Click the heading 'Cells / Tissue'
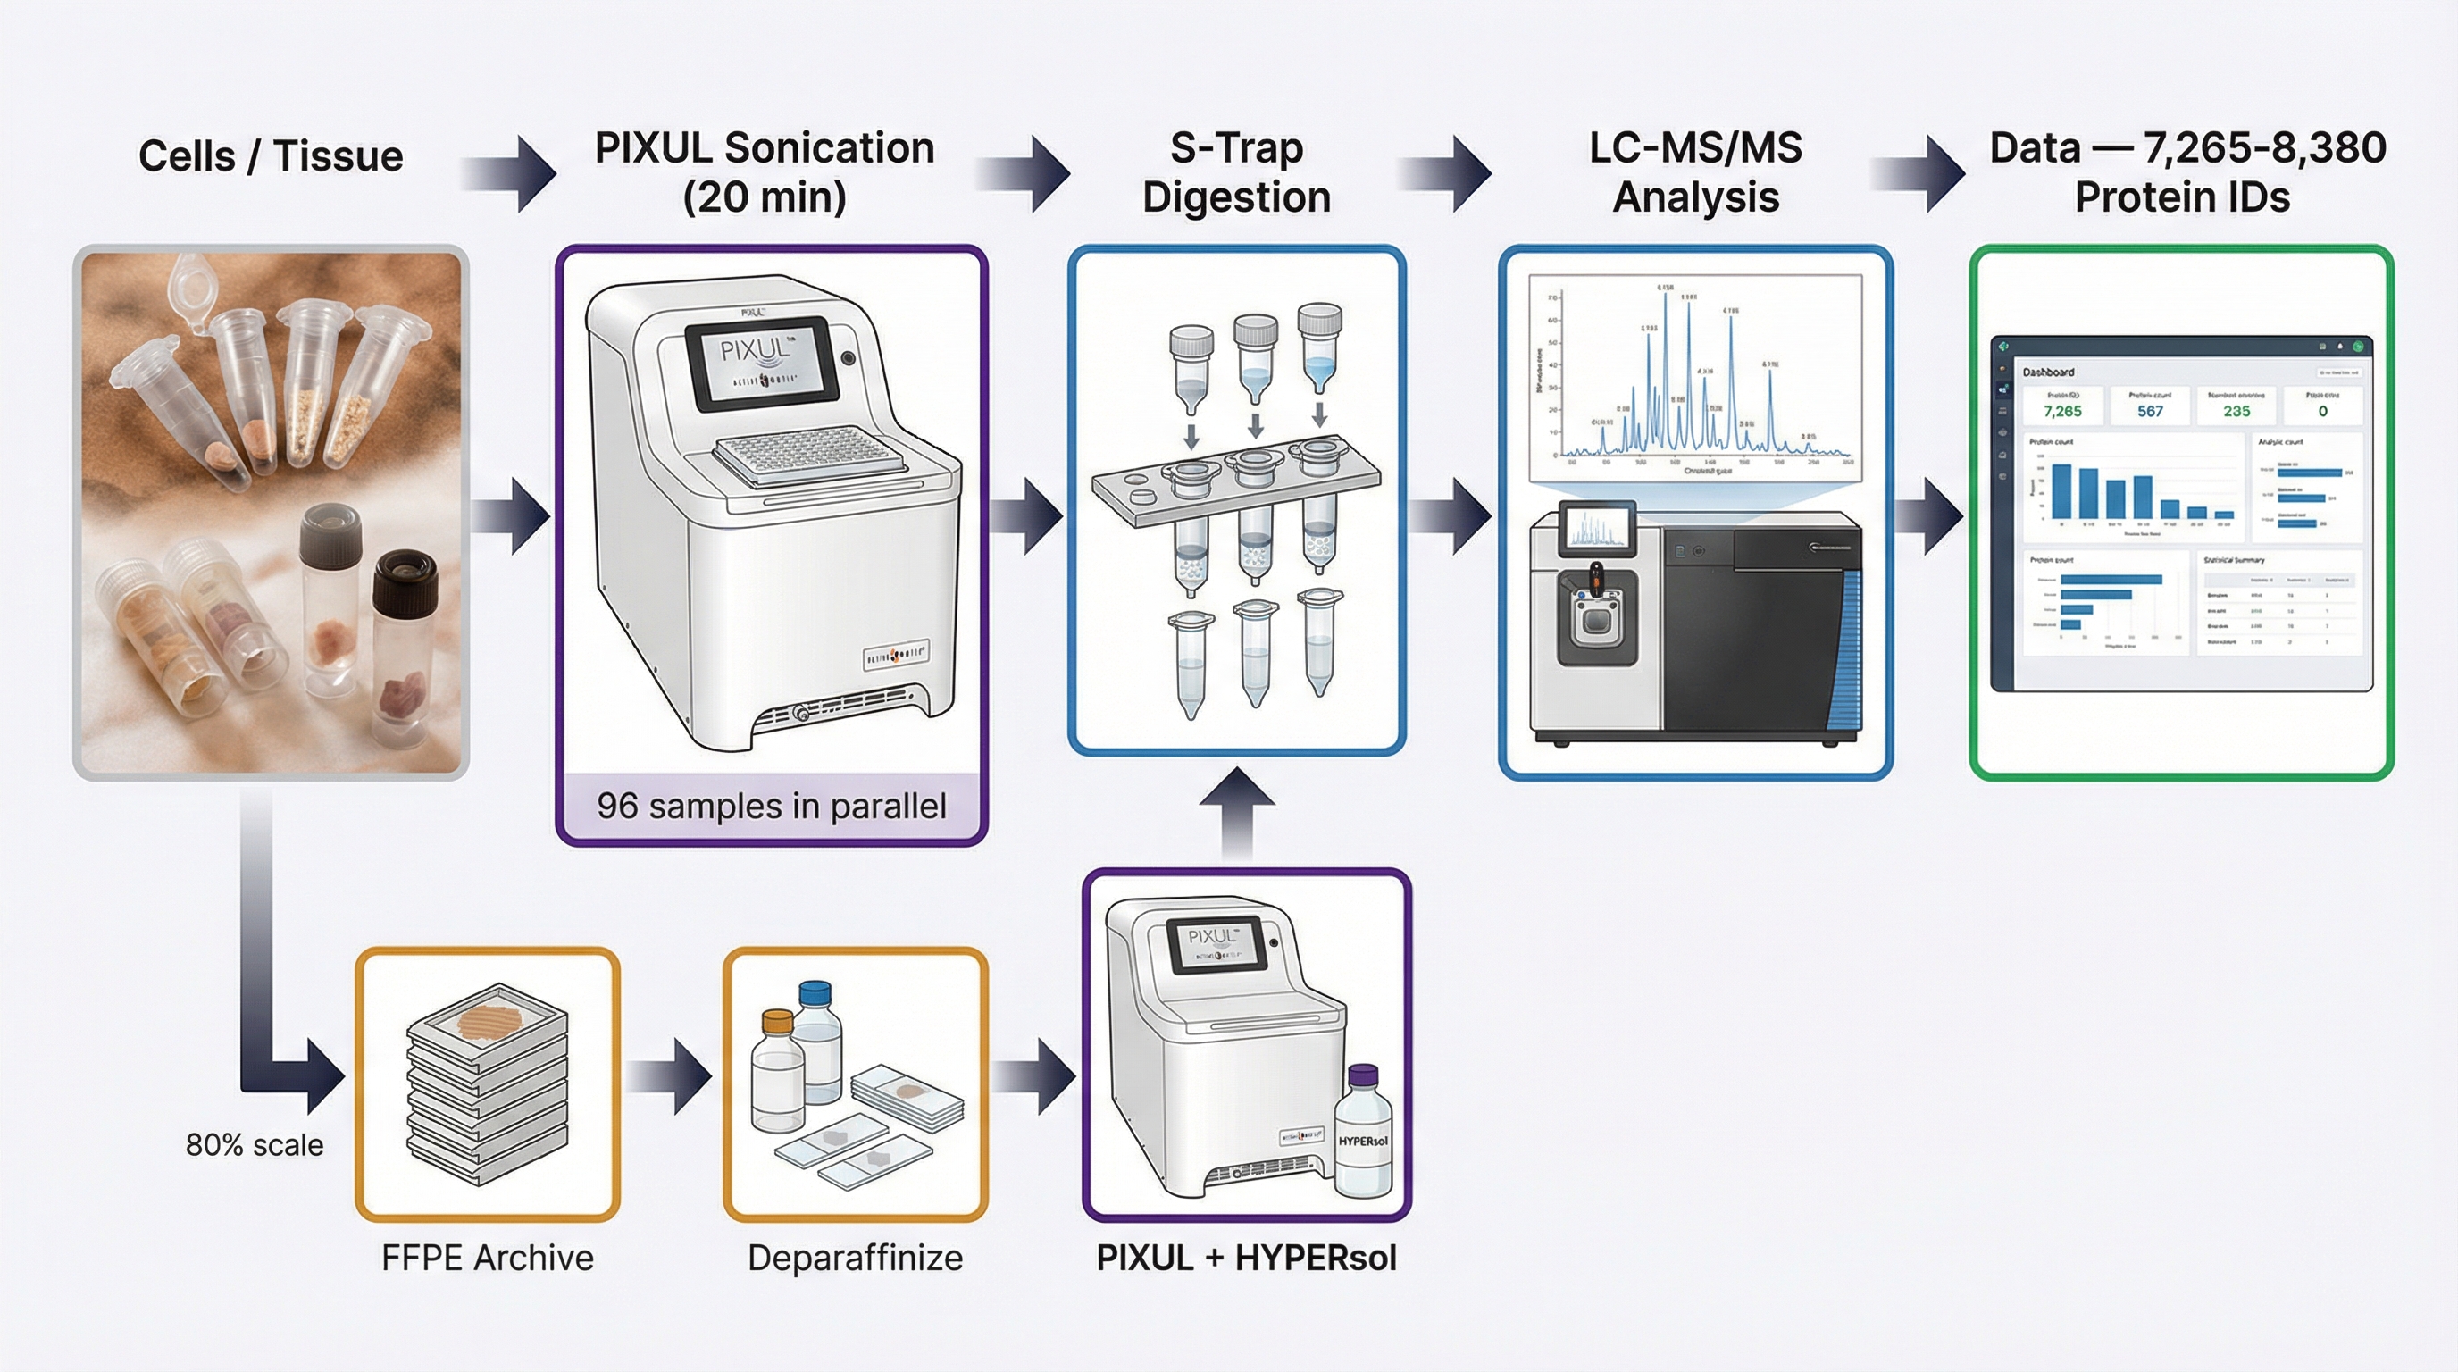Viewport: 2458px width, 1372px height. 270,156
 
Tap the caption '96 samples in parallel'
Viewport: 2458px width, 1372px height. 771,807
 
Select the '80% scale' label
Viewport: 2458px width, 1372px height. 254,1145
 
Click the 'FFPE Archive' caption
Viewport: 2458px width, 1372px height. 487,1258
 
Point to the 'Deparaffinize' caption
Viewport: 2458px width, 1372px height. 855,1258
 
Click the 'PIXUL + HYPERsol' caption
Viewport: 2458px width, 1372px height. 1246,1258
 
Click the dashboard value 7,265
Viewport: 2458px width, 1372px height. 2062,411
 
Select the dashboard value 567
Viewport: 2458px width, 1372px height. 2150,411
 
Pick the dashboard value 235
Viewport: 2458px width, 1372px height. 2236,411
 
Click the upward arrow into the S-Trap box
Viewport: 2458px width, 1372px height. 1237,811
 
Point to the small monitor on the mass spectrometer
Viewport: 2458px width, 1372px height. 1596,530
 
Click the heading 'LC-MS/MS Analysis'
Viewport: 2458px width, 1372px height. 1695,172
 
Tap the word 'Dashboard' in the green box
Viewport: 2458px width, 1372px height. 2048,372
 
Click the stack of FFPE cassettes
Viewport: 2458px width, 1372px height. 487,1088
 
